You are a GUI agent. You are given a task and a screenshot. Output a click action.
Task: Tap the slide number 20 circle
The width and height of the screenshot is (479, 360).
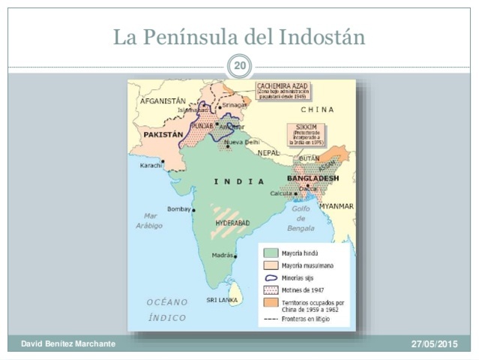pyautogui.click(x=239, y=67)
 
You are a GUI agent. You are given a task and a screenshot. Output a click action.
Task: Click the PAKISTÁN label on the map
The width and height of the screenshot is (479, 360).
pyautogui.click(x=163, y=134)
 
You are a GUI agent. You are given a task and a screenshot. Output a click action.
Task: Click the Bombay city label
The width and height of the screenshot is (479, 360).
pyautogui.click(x=179, y=209)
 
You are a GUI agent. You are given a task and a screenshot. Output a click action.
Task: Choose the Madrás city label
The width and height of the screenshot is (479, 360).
pyautogui.click(x=223, y=255)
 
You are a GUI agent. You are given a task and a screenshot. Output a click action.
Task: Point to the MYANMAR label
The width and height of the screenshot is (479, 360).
pyautogui.click(x=336, y=205)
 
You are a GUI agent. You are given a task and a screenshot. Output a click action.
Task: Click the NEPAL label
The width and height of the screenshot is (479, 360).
pyautogui.click(x=268, y=152)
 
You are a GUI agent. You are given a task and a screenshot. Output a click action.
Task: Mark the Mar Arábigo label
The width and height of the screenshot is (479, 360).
pyautogui.click(x=150, y=220)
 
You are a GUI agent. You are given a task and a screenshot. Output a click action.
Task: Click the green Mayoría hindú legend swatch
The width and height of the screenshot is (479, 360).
pyautogui.click(x=269, y=253)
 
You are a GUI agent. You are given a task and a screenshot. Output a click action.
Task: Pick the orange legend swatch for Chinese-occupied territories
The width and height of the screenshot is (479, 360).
pyautogui.click(x=269, y=301)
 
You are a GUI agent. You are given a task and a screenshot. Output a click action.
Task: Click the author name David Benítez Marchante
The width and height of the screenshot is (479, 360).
pyautogui.click(x=68, y=343)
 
